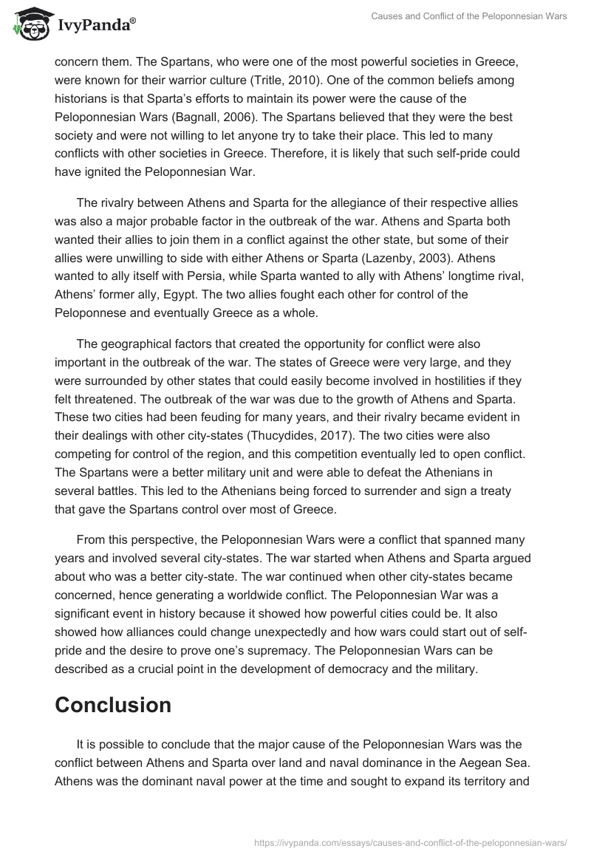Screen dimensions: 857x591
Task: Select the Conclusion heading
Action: point(113,705)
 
